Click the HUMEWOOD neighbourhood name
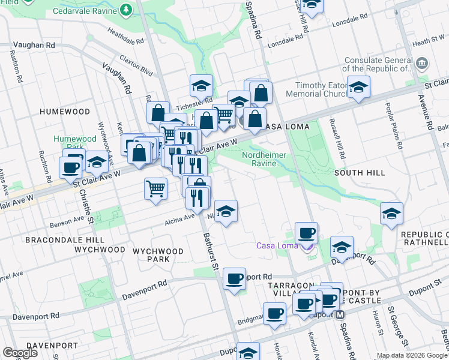pyautogui.click(x=65, y=112)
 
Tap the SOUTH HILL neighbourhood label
pyautogui.click(x=360, y=173)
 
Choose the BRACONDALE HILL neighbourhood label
pyautogui.click(x=57, y=239)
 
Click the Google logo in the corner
pyautogui.click(x=20, y=353)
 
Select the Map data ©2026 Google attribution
pyautogui.click(x=411, y=355)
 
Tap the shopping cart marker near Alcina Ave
pyautogui.click(x=155, y=189)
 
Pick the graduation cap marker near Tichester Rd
pyautogui.click(x=202, y=86)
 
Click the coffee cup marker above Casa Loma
pyautogui.click(x=306, y=233)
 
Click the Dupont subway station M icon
pyautogui.click(x=340, y=314)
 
